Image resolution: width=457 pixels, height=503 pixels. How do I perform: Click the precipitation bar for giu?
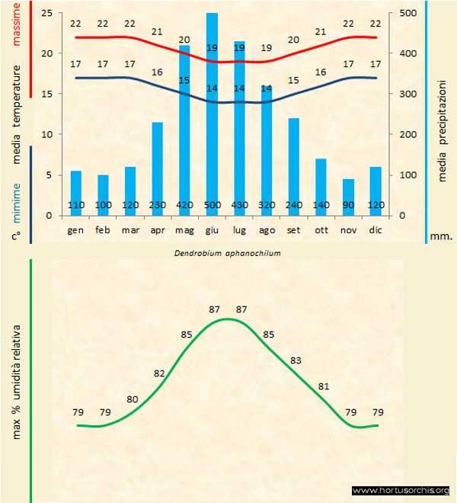coord(212,114)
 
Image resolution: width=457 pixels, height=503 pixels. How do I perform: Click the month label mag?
coord(184,229)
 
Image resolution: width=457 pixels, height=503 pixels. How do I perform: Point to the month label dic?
coord(376,229)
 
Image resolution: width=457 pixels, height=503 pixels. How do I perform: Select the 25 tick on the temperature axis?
coord(46,13)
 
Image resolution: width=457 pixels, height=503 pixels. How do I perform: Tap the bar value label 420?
coord(184,205)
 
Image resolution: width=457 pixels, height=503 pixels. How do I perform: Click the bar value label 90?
coord(348,205)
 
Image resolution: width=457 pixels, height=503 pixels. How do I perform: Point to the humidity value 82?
coord(159,373)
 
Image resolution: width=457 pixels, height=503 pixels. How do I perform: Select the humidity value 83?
coord(296,360)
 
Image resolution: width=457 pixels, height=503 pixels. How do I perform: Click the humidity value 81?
coord(324,386)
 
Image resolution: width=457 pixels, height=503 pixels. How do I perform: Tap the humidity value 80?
coord(133,399)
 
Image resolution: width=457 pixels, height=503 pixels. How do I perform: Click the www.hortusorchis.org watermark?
coord(401,490)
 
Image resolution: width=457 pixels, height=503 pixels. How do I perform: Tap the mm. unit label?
coord(441,236)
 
